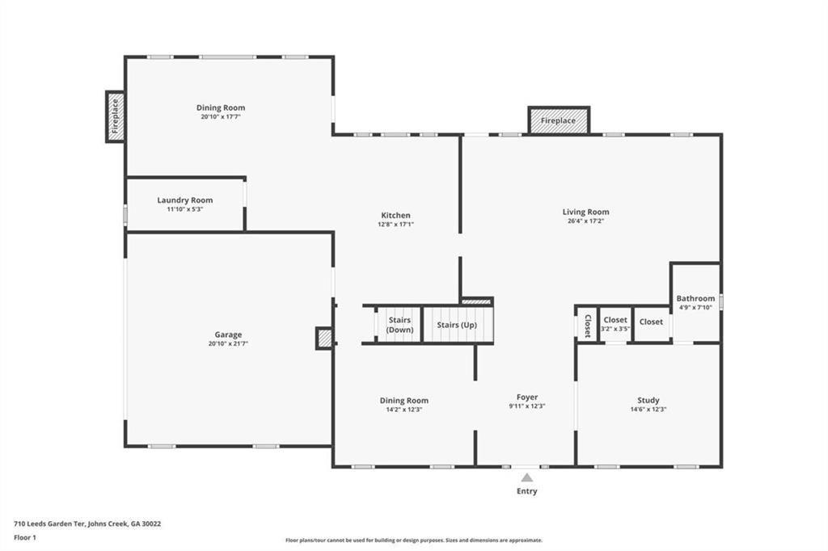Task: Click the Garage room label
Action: (228, 334)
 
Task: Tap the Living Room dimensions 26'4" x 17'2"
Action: (585, 221)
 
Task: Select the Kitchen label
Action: (395, 215)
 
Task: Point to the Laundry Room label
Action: (184, 200)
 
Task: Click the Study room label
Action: (648, 400)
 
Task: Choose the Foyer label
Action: (527, 397)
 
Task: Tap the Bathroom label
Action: (695, 298)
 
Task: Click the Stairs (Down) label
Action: (399, 325)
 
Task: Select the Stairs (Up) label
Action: (457, 325)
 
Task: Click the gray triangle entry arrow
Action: (527, 477)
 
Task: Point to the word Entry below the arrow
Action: (526, 491)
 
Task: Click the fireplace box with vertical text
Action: (115, 116)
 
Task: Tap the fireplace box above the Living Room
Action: (558, 120)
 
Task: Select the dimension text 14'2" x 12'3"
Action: (404, 410)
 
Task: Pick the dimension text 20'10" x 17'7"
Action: (220, 116)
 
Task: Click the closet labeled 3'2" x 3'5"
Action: (615, 324)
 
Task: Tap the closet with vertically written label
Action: (587, 325)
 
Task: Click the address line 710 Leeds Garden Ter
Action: (87, 524)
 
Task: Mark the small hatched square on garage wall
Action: (324, 339)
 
